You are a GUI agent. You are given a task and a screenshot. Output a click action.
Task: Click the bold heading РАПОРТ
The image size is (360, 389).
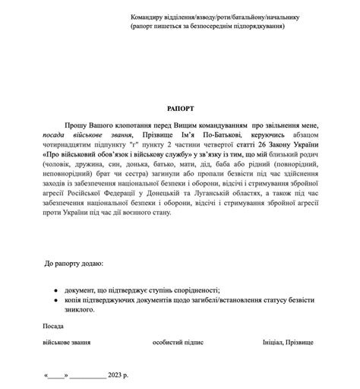(x=181, y=109)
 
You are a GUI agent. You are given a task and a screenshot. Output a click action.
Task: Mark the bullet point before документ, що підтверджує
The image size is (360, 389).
(x=57, y=290)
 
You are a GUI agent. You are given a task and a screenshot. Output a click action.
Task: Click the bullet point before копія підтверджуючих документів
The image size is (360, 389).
(x=57, y=300)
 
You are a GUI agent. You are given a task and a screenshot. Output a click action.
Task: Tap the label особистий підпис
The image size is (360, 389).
(x=178, y=343)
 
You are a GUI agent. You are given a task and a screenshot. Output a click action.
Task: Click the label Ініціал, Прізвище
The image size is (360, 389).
(x=288, y=343)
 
